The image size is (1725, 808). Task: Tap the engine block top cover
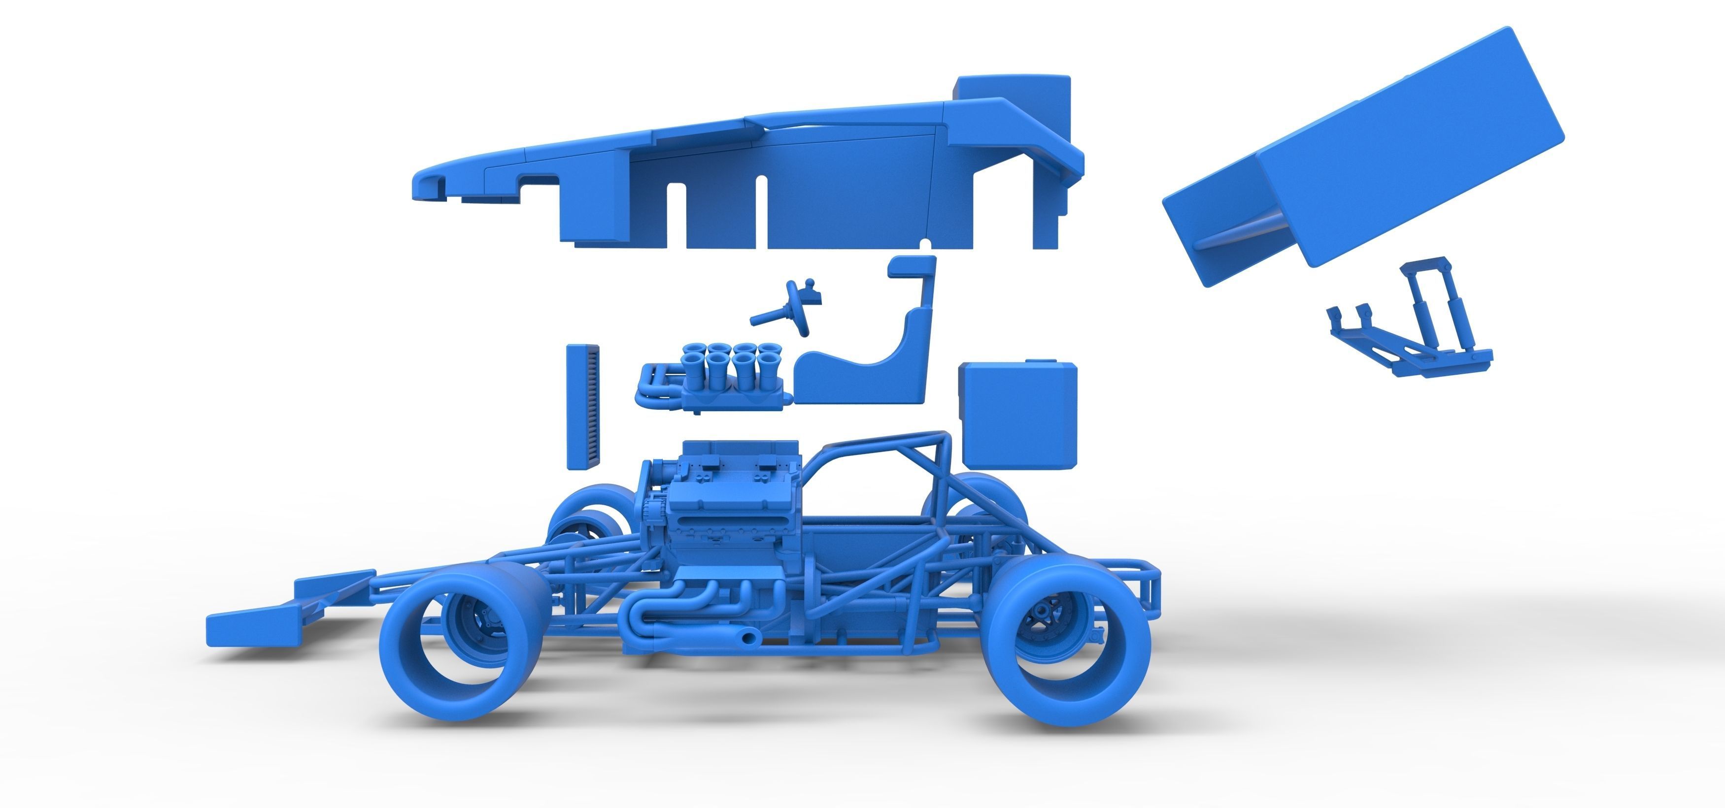(740, 455)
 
